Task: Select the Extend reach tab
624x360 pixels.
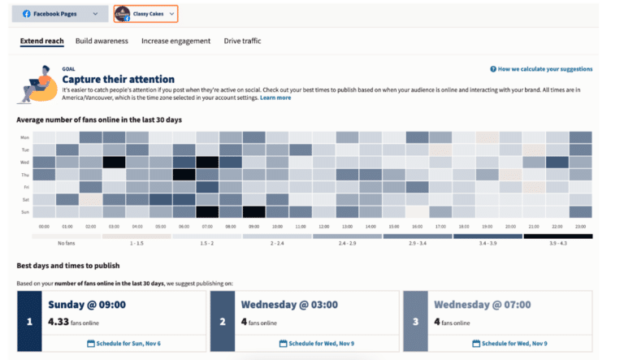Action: click(x=42, y=41)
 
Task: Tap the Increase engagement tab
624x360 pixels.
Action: click(x=175, y=41)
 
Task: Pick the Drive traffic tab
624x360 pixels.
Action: click(x=243, y=41)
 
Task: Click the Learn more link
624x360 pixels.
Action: click(x=275, y=98)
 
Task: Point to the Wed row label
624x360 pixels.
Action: click(x=24, y=162)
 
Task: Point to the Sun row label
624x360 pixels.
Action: click(x=24, y=211)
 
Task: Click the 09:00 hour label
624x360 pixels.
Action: click(x=254, y=227)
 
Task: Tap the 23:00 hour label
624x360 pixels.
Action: click(x=581, y=227)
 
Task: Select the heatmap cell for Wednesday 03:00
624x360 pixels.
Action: click(x=114, y=162)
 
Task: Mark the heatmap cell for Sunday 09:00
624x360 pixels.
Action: click(x=254, y=211)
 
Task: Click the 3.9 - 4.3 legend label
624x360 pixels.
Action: click(x=557, y=243)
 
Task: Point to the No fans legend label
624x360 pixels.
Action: click(x=67, y=243)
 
